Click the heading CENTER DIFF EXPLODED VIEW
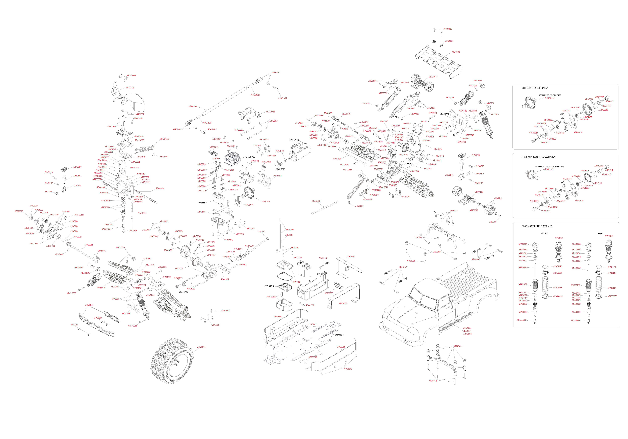coord(534,88)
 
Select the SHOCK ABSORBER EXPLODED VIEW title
coord(537,226)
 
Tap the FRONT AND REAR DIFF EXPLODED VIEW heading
coord(538,157)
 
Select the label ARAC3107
coord(130,88)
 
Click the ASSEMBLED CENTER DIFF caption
coord(549,95)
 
